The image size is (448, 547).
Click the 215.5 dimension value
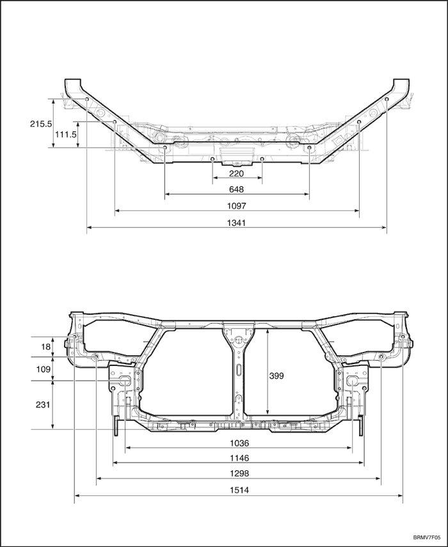[x=40, y=124]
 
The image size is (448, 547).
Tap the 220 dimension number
[x=236, y=173]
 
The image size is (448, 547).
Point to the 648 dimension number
[x=236, y=189]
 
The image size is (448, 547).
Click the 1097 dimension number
[x=236, y=206]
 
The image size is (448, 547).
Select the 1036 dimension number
[x=238, y=443]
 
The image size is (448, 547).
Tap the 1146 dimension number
[x=238, y=458]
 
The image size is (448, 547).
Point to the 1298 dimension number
[x=238, y=474]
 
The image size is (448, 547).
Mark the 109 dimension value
[x=43, y=369]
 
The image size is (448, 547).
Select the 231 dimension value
[x=43, y=405]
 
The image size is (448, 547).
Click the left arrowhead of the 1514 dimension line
[x=77, y=495]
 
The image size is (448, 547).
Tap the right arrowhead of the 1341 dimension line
[x=384, y=226]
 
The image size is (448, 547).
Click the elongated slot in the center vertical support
[x=238, y=370]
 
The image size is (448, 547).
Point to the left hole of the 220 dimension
[x=212, y=158]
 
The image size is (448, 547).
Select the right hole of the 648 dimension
[x=310, y=148]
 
